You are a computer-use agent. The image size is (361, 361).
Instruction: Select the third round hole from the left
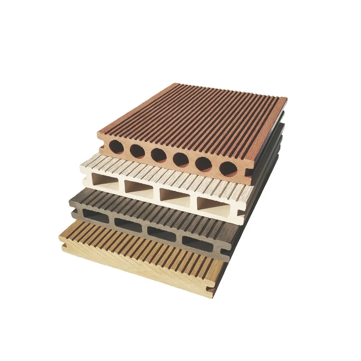(158, 155)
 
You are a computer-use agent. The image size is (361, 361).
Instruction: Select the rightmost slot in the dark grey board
(197, 244)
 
